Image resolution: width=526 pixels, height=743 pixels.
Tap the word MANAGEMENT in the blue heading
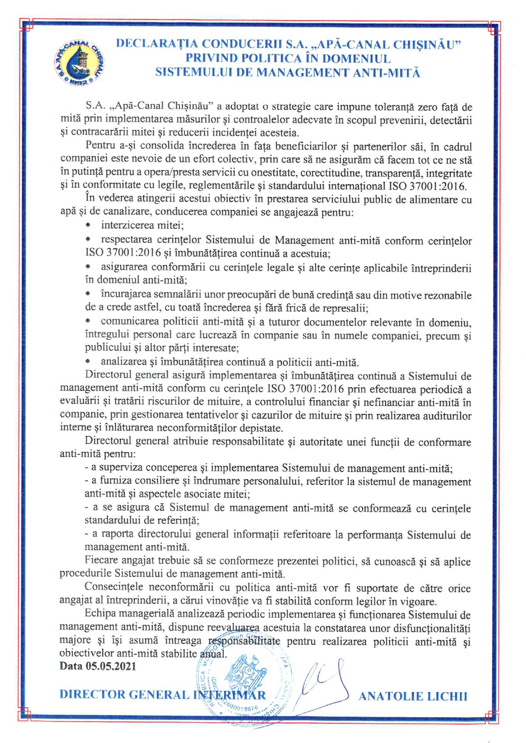tap(302, 72)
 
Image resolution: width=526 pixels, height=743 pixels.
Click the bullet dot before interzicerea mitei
tap(88, 225)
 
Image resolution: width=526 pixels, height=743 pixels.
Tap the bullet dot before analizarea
tap(88, 362)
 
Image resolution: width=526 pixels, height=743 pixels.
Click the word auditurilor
tap(448, 416)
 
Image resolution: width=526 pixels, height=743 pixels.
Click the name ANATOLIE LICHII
tap(413, 696)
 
